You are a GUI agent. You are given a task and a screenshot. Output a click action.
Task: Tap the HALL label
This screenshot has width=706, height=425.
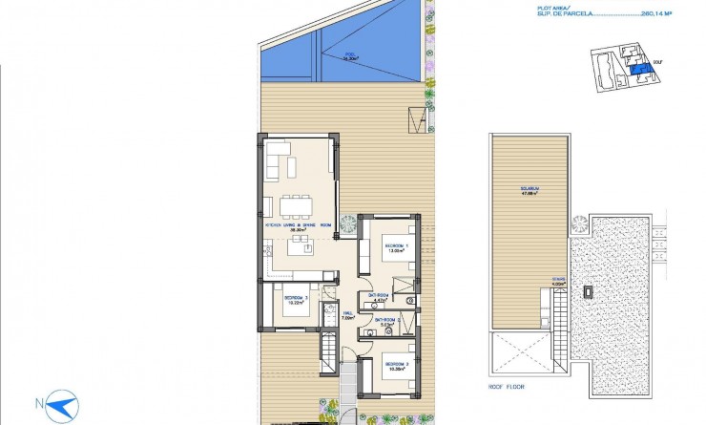(348, 315)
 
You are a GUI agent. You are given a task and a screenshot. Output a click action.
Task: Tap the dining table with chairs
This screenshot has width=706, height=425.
(297, 204)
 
